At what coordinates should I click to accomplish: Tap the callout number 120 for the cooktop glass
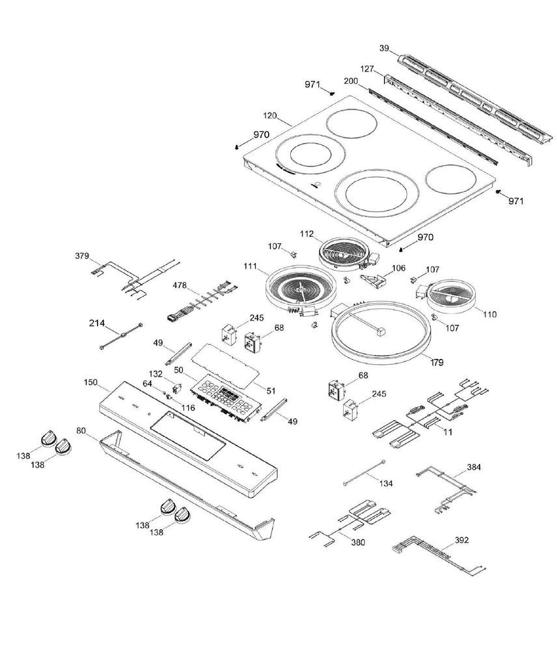270,115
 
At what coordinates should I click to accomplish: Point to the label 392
461,540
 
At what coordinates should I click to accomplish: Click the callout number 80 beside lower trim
81,430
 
